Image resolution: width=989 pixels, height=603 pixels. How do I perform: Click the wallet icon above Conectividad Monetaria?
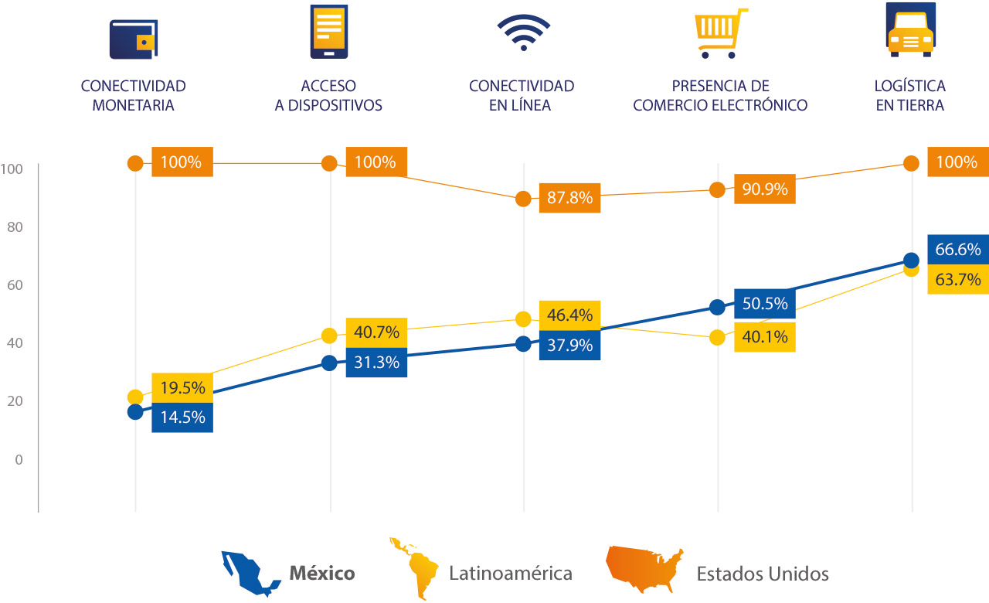(x=134, y=39)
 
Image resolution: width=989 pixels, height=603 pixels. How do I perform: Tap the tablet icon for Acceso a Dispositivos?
(x=328, y=31)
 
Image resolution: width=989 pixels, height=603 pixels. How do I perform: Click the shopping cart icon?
(x=722, y=33)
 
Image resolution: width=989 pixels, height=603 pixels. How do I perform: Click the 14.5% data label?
(x=182, y=417)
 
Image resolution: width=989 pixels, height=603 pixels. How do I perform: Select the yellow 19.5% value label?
(x=182, y=387)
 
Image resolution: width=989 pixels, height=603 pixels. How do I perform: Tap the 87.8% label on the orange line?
(x=570, y=198)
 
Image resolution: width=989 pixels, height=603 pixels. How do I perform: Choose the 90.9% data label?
(x=765, y=189)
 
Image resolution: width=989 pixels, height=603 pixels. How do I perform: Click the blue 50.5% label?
(x=765, y=304)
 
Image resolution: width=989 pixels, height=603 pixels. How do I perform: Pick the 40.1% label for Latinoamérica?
(x=765, y=337)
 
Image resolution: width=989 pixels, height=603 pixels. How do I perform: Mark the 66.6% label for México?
(x=958, y=250)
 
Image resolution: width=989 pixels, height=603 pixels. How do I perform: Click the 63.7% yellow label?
(x=958, y=279)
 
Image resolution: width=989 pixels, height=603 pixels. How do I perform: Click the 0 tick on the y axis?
(x=18, y=459)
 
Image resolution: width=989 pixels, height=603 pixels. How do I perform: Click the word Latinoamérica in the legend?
(x=511, y=574)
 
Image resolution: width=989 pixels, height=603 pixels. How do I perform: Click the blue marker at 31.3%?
(x=329, y=363)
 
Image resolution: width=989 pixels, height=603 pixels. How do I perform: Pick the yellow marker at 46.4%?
(x=523, y=319)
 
